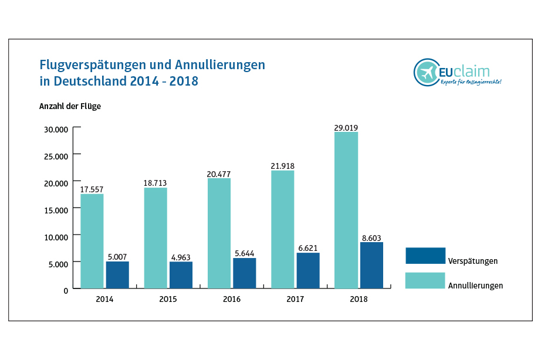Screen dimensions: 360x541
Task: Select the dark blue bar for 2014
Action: [117, 275]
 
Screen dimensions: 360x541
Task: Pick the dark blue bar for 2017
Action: [308, 270]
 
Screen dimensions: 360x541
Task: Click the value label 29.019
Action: [346, 127]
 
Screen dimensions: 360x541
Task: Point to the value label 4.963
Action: [180, 257]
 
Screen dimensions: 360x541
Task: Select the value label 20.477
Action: [219, 174]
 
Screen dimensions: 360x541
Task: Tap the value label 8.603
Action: [371, 237]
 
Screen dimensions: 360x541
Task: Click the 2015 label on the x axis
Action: [168, 299]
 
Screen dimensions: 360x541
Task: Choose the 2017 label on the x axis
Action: [295, 299]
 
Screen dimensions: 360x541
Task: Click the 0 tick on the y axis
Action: [66, 290]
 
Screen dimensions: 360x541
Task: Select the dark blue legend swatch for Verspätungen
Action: [425, 256]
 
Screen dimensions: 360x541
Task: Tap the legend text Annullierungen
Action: [475, 286]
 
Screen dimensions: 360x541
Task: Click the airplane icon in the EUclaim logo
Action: [426, 73]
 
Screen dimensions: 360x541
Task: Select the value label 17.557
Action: [92, 189]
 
